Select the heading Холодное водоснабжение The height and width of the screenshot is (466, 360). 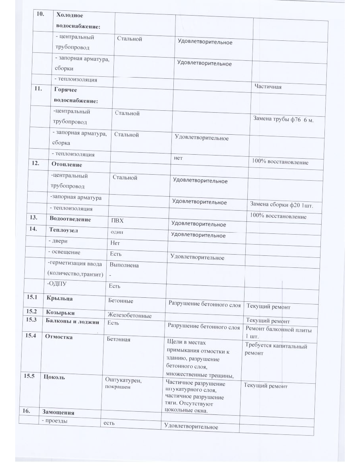78,20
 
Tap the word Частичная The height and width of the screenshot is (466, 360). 268,86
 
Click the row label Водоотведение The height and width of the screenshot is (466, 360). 70,219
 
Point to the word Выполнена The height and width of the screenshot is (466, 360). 124,265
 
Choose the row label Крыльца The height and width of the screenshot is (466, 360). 59,299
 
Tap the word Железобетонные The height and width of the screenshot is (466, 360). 129,316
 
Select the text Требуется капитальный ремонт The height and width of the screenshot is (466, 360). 276,349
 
